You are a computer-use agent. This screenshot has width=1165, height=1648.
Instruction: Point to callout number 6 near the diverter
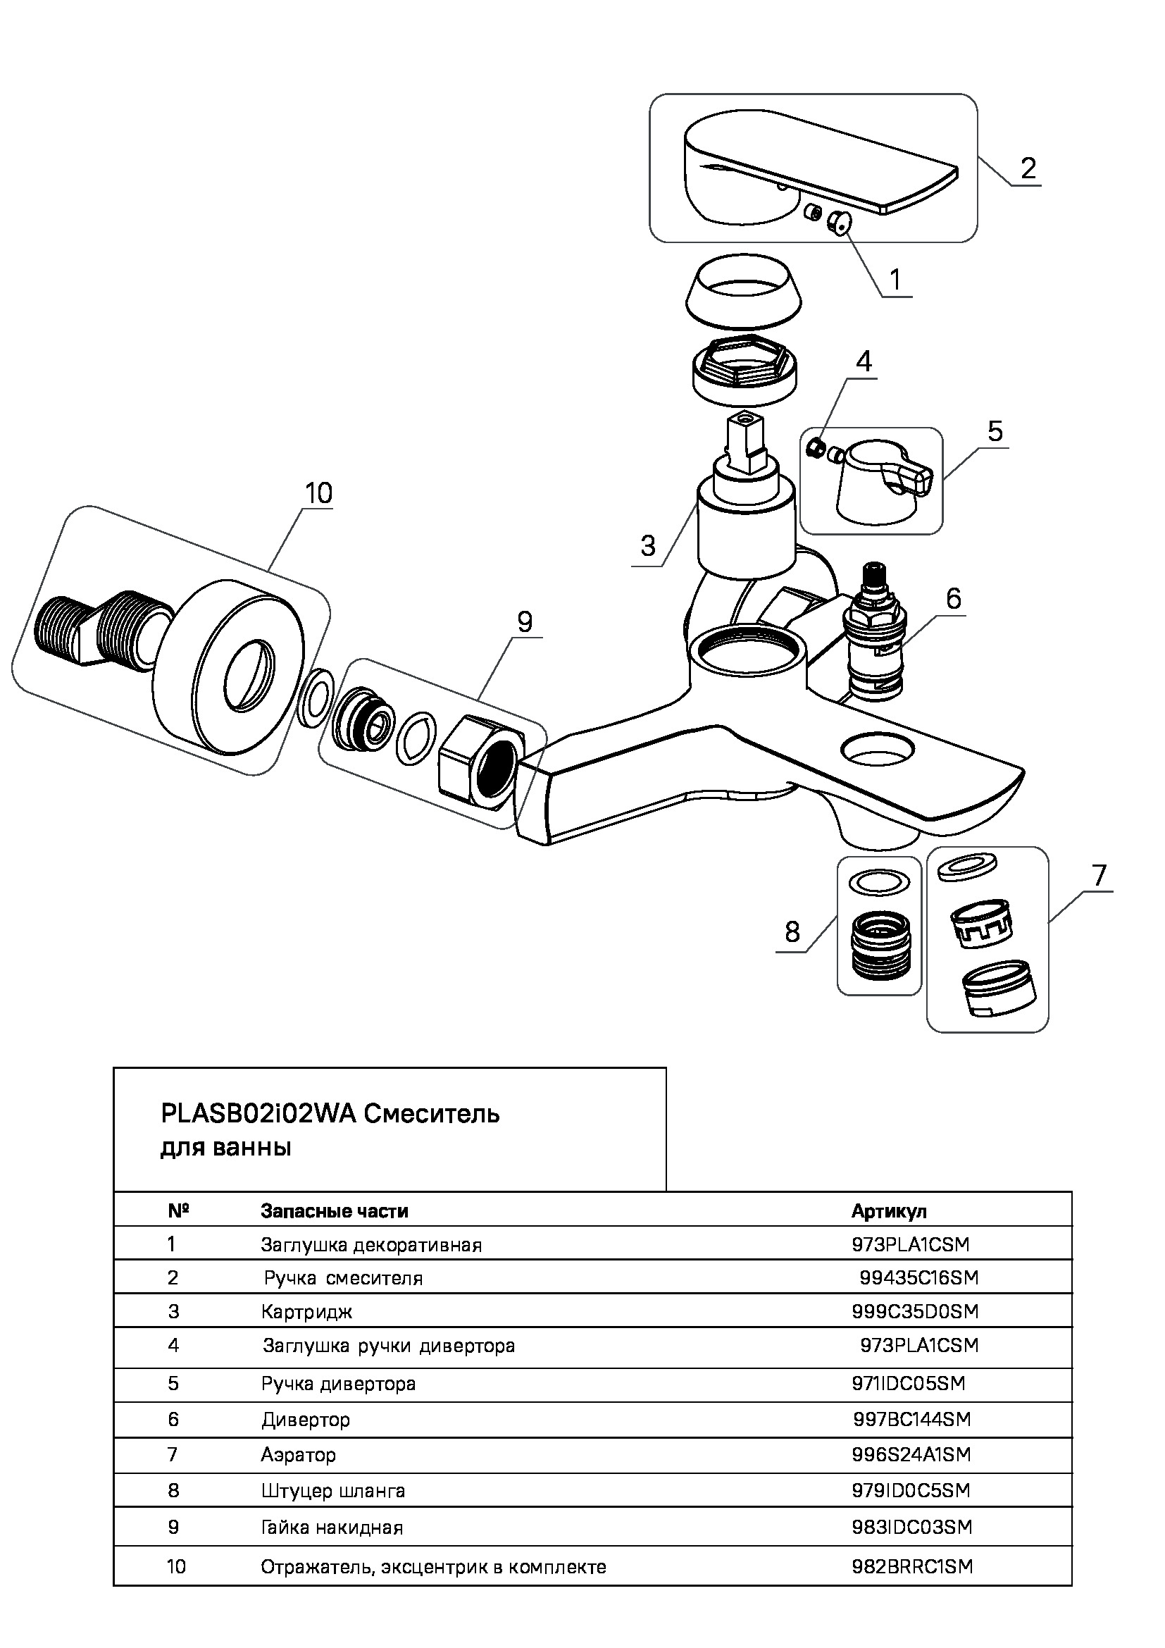click(954, 598)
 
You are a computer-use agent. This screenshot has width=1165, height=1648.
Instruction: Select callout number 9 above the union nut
click(525, 621)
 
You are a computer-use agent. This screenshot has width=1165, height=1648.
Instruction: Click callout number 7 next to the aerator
click(1099, 875)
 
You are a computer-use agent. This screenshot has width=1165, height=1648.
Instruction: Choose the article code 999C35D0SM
click(915, 1312)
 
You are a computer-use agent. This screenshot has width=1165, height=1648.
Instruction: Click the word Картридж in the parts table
click(306, 1312)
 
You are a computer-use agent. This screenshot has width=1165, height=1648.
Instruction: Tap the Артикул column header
click(889, 1212)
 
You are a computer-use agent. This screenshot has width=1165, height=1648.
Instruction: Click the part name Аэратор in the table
click(298, 1455)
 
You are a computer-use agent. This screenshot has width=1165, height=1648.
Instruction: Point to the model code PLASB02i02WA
click(259, 1114)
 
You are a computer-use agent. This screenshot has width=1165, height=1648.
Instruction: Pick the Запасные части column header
click(335, 1212)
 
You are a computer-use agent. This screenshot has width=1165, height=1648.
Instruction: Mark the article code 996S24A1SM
click(911, 1455)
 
